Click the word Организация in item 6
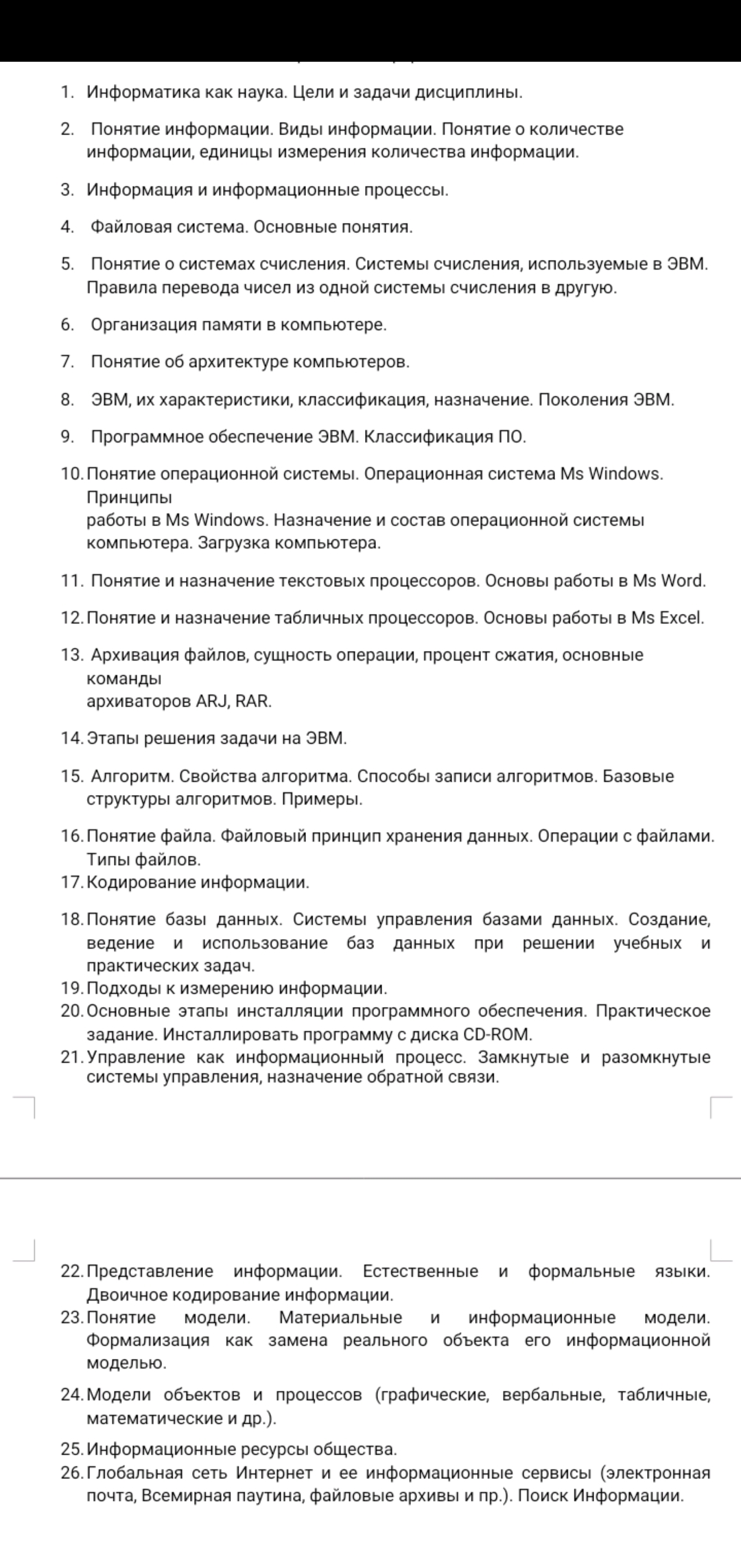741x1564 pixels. tap(144, 324)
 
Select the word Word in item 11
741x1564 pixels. tap(682, 581)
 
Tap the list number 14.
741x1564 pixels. tap(71, 739)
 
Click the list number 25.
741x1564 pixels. tap(71, 1449)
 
